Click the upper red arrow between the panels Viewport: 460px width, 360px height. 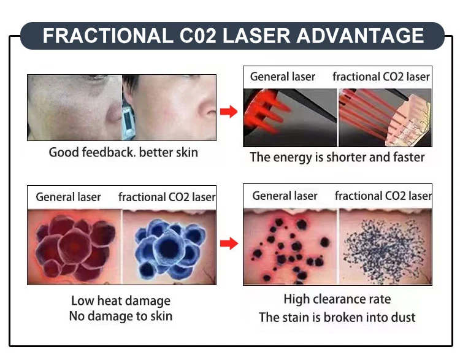click(229, 112)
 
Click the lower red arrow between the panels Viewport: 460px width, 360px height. click(229, 244)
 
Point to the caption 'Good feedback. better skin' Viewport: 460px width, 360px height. click(123, 152)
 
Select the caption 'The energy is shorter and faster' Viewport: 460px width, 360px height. click(337, 157)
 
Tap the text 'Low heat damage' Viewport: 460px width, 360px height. click(121, 301)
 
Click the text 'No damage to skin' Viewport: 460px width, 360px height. click(121, 316)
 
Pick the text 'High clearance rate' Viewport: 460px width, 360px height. click(337, 299)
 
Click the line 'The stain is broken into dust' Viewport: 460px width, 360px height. click(337, 317)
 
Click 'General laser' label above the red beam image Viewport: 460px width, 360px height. click(282, 77)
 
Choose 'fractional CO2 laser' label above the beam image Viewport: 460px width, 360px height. click(381, 77)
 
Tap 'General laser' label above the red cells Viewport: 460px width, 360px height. click(69, 197)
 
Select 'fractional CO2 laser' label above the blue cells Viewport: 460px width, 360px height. click(167, 197)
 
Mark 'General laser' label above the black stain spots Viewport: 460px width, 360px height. click(285, 196)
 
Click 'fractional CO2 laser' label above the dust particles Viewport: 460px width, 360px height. click(383, 196)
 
